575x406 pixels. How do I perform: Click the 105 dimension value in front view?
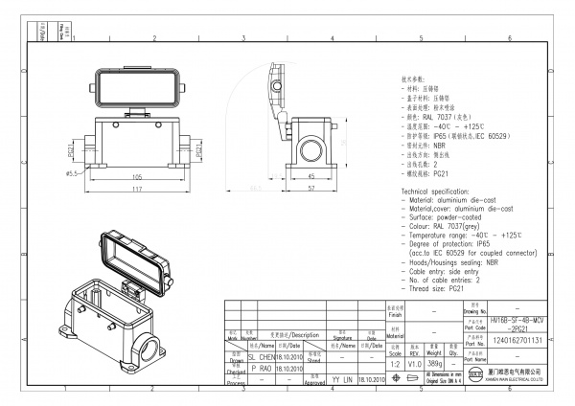click(x=138, y=178)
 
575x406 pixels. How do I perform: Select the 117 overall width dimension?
click(x=138, y=191)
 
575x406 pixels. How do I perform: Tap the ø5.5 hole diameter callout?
click(x=72, y=173)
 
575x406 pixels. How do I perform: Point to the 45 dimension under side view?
click(x=310, y=178)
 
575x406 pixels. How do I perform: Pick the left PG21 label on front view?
click(x=73, y=151)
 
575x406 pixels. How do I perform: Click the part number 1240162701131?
click(x=517, y=340)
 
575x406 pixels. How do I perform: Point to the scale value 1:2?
click(x=395, y=365)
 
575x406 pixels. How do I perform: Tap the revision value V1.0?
click(x=416, y=365)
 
